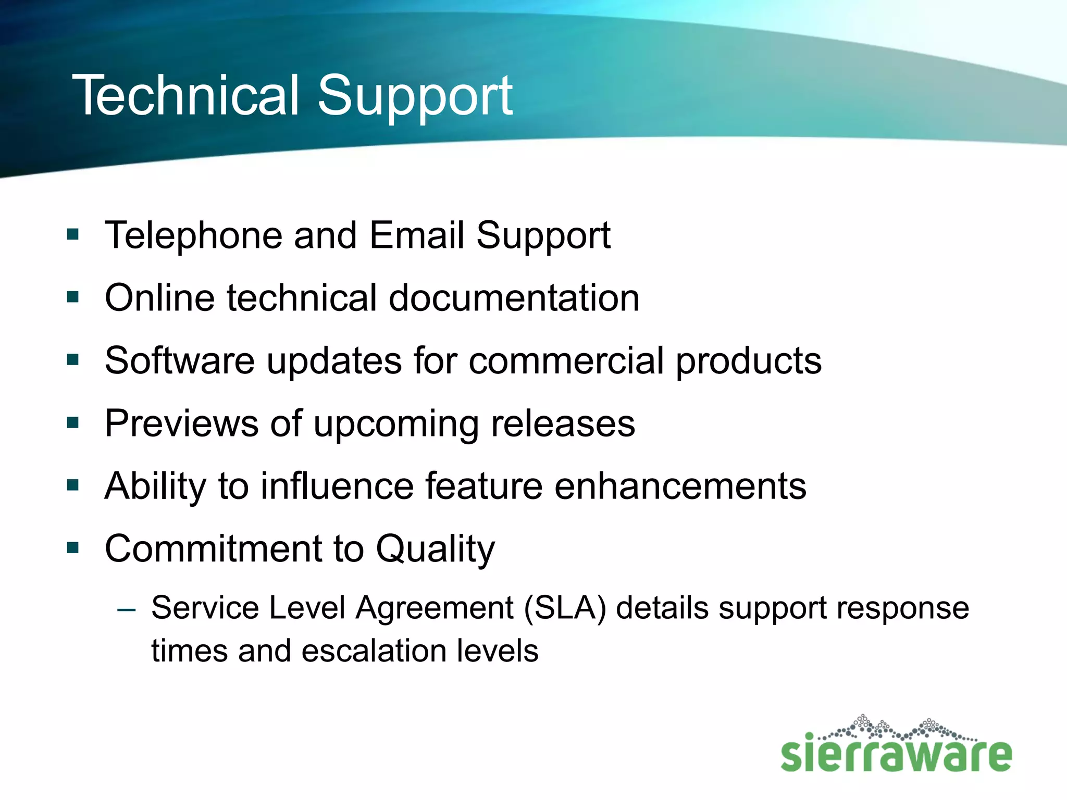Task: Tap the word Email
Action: point(417,235)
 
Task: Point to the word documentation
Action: point(514,298)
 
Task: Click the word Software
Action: point(180,360)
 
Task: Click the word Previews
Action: point(181,423)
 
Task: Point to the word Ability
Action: point(155,486)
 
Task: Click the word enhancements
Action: point(680,486)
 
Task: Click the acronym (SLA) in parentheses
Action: point(565,608)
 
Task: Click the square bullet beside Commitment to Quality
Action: point(73,548)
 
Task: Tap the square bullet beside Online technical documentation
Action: point(73,297)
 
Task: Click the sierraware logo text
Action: point(896,754)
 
